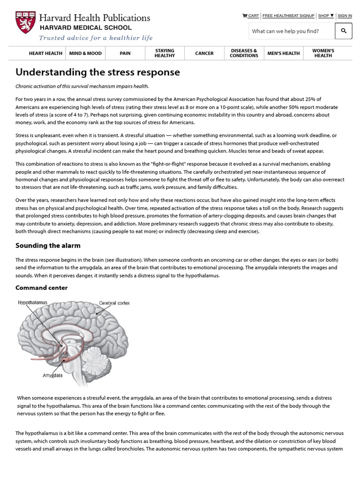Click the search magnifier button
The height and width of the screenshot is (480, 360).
click(x=344, y=31)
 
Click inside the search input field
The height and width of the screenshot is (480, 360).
click(x=291, y=31)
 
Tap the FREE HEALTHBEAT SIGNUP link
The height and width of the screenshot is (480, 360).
click(x=288, y=15)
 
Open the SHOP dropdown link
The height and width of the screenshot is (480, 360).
click(x=326, y=15)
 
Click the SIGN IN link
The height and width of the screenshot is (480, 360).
click(x=345, y=15)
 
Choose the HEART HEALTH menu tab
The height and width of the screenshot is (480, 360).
click(x=45, y=53)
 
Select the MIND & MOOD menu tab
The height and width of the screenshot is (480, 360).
click(x=85, y=53)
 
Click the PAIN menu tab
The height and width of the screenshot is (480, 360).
click(x=125, y=53)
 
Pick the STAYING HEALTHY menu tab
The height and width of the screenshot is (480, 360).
click(x=165, y=53)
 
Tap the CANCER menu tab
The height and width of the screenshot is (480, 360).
click(x=204, y=53)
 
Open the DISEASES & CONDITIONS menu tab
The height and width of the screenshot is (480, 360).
click(x=244, y=53)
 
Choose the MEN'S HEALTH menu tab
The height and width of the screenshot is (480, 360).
click(x=284, y=53)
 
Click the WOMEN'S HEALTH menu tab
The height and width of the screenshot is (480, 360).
click(x=323, y=53)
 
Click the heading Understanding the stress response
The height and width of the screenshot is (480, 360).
click(x=97, y=72)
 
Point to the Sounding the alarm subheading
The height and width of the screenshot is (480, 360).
click(x=48, y=246)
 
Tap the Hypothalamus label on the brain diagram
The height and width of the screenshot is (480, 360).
click(x=33, y=303)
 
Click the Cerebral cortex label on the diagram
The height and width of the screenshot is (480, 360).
click(x=114, y=303)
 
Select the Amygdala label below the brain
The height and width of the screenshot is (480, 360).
click(x=52, y=375)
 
